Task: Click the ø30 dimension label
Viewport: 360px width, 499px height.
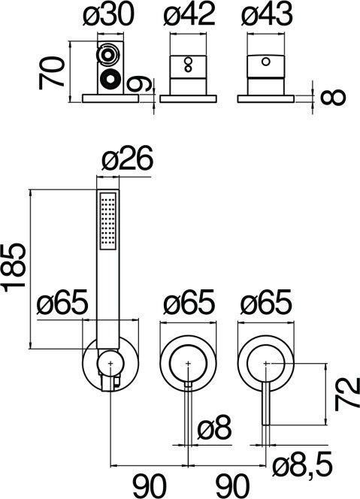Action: coord(109,14)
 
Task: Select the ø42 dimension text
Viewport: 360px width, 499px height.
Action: coord(189,14)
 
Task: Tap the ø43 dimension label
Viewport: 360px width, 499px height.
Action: coord(267,14)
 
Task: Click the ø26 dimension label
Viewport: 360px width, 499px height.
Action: coord(127,159)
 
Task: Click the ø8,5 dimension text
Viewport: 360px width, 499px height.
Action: coord(303,466)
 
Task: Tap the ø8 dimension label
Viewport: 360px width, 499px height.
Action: coord(214,427)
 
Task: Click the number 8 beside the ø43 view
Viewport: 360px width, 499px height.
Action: coord(333,97)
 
